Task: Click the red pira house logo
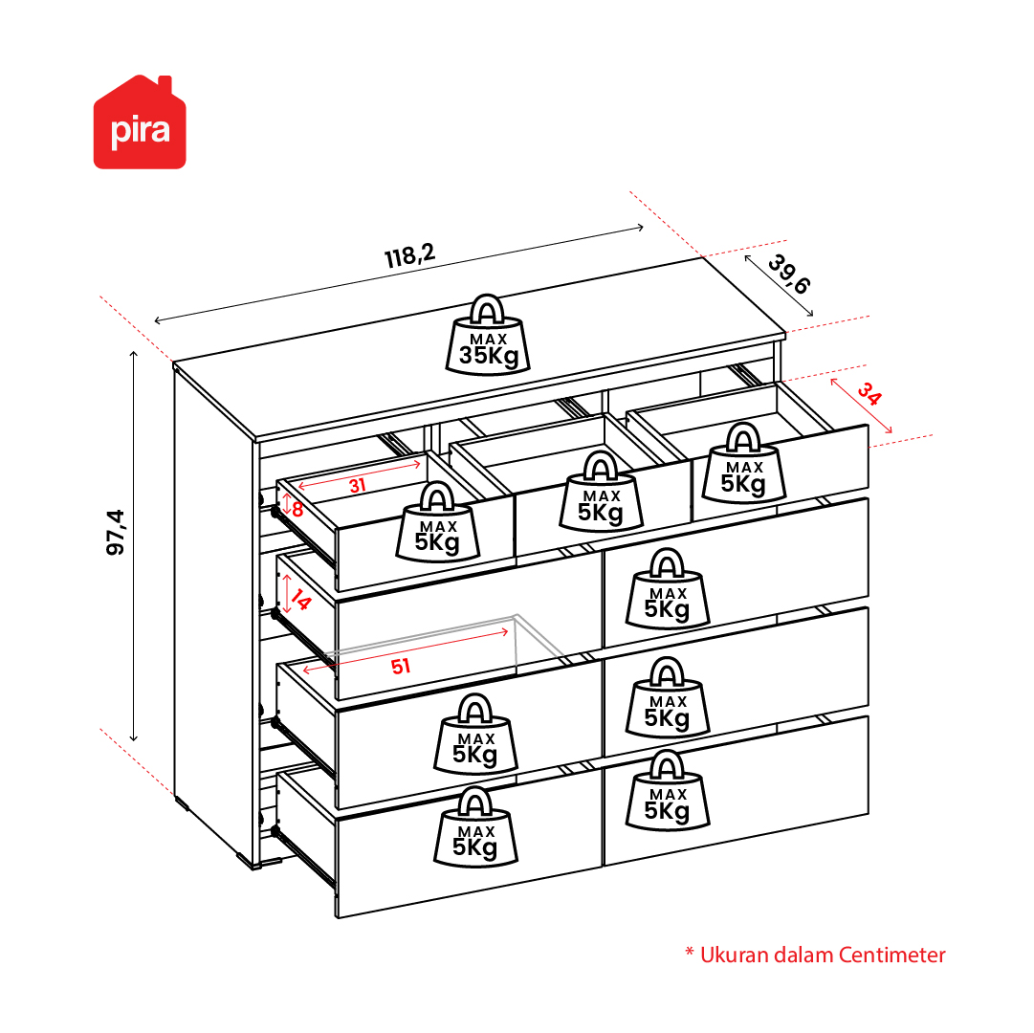pos(140,122)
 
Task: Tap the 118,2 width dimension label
pos(410,255)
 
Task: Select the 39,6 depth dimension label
pos(789,274)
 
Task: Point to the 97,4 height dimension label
pos(116,532)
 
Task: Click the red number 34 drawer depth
pos(869,394)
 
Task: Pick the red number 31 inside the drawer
pos(358,486)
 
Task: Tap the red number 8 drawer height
pos(297,510)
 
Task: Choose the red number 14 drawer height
pos(300,600)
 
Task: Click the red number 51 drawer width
pos(401,667)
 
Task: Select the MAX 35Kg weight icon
pos(488,336)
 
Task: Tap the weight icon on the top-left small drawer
pos(438,522)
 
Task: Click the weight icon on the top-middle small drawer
pos(601,492)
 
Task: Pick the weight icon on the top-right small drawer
pos(744,464)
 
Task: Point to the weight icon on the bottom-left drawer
pos(475,827)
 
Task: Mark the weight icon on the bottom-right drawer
pos(668,790)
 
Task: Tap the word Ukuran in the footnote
pos(734,955)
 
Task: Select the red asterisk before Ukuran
pos(690,952)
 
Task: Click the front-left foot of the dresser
pos(246,862)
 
